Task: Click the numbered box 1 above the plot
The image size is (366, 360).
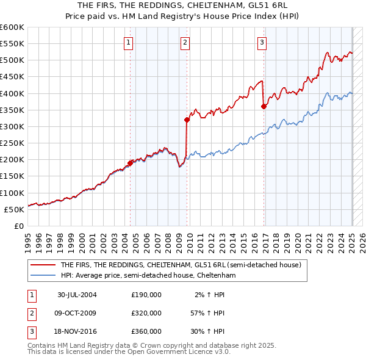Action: [x=129, y=43]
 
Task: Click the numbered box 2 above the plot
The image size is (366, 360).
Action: [x=184, y=43]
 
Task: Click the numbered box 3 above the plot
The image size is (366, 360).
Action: [x=261, y=43]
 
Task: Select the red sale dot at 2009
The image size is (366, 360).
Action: [x=187, y=120]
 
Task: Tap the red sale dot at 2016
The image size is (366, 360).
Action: [x=264, y=107]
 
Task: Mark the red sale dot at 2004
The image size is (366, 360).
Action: [x=130, y=163]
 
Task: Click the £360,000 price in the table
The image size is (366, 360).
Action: [x=146, y=331]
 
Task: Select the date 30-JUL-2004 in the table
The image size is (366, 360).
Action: [x=77, y=295]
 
